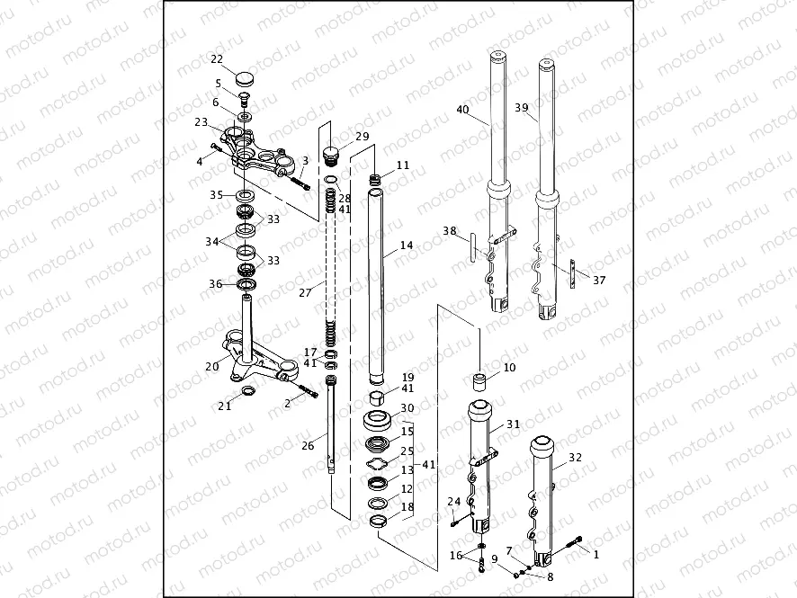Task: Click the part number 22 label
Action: point(217,59)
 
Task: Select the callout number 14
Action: point(406,245)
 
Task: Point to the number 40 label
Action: point(462,110)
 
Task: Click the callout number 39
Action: point(521,107)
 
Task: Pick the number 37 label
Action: point(598,280)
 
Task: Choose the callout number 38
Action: point(449,231)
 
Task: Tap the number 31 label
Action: point(513,424)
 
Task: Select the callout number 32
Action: point(575,457)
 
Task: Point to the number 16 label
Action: point(456,556)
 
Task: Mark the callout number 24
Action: point(453,502)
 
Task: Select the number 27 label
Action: point(304,293)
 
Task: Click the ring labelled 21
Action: point(248,390)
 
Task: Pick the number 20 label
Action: point(211,366)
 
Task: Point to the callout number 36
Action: point(215,284)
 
